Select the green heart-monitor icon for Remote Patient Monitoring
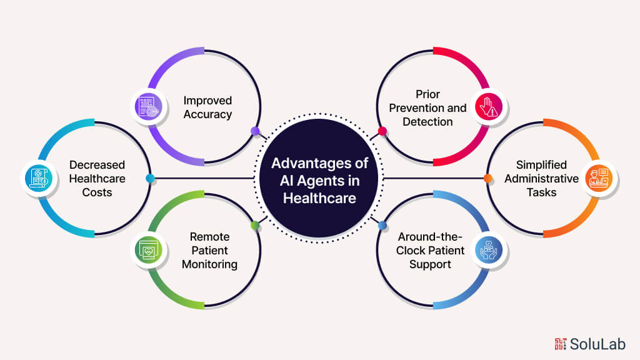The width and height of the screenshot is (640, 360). point(148,251)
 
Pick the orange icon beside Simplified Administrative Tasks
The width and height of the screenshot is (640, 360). point(597,179)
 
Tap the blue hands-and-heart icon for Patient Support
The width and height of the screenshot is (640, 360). point(487,251)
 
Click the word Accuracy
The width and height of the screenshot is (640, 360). point(207,114)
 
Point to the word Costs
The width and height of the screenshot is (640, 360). point(97,192)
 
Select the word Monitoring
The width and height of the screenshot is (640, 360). point(209,264)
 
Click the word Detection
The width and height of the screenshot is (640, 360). point(427,122)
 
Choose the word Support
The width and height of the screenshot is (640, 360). point(430,264)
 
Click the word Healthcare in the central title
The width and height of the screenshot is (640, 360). point(319,197)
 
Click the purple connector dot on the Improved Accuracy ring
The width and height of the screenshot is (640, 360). point(254,131)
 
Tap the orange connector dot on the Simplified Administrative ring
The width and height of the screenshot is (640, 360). point(488,179)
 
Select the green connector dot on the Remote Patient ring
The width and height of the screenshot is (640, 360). point(254,225)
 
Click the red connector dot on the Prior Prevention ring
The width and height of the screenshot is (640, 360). point(382,131)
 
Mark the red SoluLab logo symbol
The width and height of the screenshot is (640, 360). point(561,343)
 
